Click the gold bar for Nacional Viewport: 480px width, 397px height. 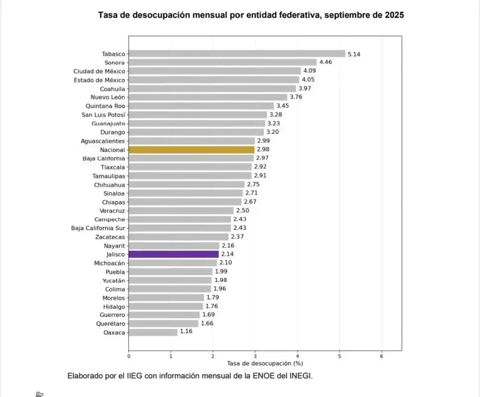(x=191, y=149)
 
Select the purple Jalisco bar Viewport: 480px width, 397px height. (x=173, y=254)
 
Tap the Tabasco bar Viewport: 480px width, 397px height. (x=236, y=54)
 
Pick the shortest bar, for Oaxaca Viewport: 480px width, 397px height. (x=153, y=332)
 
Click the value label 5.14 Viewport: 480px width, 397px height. (x=354, y=54)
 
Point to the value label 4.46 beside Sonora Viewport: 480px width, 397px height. (x=325, y=63)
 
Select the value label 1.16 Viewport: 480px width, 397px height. (x=186, y=331)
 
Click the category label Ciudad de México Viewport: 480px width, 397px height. (x=99, y=71)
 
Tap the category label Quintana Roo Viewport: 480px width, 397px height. (x=106, y=106)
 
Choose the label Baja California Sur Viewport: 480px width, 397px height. (x=98, y=228)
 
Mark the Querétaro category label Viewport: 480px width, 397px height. (x=111, y=324)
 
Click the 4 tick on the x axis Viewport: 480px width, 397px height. (x=297, y=356)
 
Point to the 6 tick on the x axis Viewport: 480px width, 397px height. (x=381, y=356)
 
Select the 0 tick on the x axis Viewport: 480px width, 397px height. (x=129, y=356)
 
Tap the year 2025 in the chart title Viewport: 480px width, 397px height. (x=394, y=15)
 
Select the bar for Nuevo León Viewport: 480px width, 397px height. (x=207, y=97)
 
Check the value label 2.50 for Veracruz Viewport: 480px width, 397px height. (x=242, y=210)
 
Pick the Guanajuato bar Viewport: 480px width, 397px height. (x=197, y=124)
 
